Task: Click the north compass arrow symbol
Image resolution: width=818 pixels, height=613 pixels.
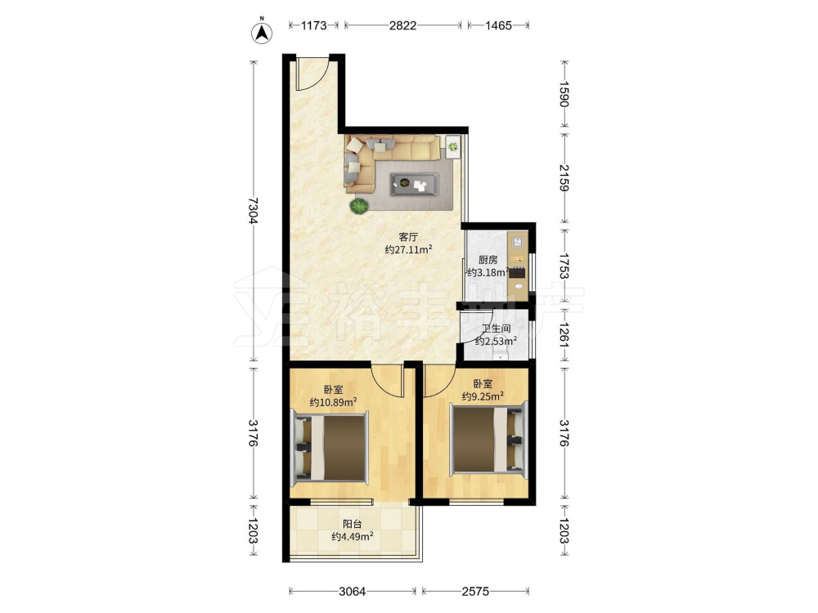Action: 263,32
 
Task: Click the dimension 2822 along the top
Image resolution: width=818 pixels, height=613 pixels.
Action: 402,25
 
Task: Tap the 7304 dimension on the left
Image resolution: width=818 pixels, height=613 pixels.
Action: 254,211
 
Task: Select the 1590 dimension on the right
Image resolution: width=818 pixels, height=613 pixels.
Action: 564,94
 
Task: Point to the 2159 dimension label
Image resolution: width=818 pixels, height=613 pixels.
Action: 564,177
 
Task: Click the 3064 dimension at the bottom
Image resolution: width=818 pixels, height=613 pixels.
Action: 352,591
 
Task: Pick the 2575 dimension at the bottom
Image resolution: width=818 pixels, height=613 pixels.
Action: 475,591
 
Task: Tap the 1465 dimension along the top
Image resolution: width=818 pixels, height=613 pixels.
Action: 498,25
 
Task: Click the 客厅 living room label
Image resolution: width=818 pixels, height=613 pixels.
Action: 408,238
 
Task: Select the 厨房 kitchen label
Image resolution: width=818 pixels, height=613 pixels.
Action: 488,260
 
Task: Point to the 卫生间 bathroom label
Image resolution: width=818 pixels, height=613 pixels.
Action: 496,329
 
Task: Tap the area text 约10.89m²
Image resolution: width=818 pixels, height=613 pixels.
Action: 334,402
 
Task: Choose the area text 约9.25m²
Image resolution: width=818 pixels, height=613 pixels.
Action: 483,396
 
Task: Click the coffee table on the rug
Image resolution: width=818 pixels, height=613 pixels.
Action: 415,184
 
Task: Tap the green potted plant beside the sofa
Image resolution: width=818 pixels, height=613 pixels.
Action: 358,207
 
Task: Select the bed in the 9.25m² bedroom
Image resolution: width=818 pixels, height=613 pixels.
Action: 489,440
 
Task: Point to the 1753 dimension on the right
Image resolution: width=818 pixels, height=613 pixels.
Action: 564,266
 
